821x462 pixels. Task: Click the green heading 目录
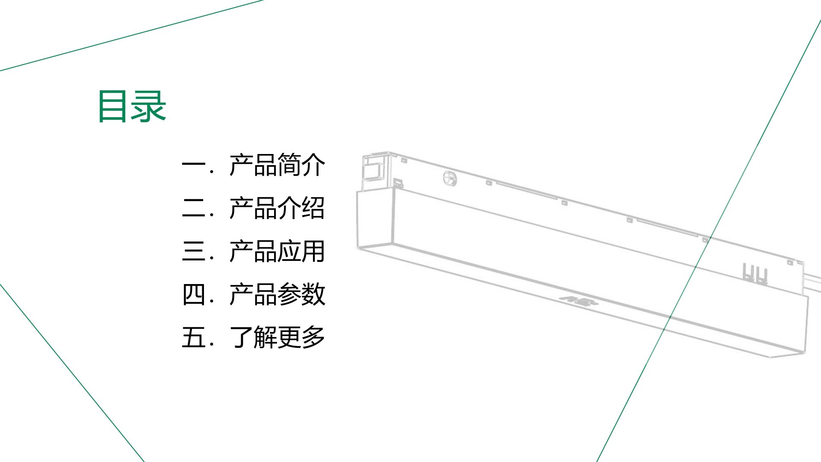pos(132,106)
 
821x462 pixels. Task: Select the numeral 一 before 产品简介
pos(194,165)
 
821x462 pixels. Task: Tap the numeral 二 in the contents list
pos(194,208)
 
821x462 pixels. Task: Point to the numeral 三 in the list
pos(194,251)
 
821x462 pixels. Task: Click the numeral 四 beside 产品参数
pos(194,294)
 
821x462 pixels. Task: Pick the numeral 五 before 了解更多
pos(194,337)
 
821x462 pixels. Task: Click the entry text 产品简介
pos(277,165)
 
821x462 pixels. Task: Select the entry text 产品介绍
pos(277,208)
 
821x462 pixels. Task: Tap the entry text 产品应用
pos(277,251)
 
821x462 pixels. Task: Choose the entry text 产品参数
pos(277,294)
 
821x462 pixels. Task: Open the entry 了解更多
pos(277,337)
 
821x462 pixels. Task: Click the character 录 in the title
pos(149,106)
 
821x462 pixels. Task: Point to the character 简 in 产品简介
pos(289,165)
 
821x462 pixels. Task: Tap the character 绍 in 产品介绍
pos(313,208)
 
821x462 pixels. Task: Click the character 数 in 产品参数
pos(313,294)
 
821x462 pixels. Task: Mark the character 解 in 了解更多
pos(265,337)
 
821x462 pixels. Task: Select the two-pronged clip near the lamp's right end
pos(755,274)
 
